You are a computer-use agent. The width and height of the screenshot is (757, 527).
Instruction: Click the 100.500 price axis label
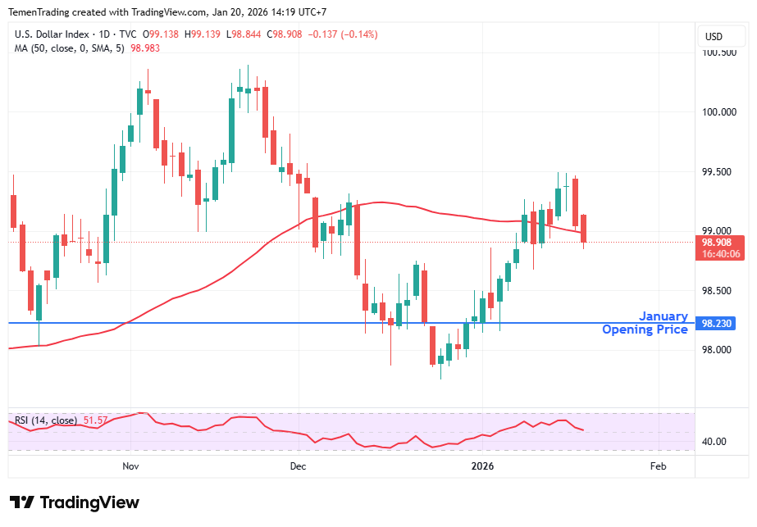click(719, 52)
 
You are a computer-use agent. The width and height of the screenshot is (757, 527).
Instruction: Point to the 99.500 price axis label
click(719, 172)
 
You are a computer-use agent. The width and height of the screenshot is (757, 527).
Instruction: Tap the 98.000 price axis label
click(719, 350)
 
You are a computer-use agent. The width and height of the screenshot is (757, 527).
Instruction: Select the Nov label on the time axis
click(130, 466)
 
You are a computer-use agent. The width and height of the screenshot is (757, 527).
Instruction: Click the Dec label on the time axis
click(298, 466)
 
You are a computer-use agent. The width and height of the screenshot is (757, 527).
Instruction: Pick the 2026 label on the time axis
click(482, 466)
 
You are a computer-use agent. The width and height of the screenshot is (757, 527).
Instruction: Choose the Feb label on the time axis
click(658, 466)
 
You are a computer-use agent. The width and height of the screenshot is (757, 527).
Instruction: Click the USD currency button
click(714, 36)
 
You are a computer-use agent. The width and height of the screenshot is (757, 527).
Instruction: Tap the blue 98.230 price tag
click(719, 324)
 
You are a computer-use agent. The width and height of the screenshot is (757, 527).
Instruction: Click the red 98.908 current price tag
click(719, 243)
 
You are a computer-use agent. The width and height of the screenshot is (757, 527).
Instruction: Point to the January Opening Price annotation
click(645, 323)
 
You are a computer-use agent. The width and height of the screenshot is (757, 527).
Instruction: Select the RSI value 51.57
click(95, 420)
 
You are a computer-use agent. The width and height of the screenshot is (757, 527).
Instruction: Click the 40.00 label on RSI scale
click(714, 442)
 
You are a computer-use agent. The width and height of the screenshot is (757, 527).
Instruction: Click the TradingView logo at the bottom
click(75, 502)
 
